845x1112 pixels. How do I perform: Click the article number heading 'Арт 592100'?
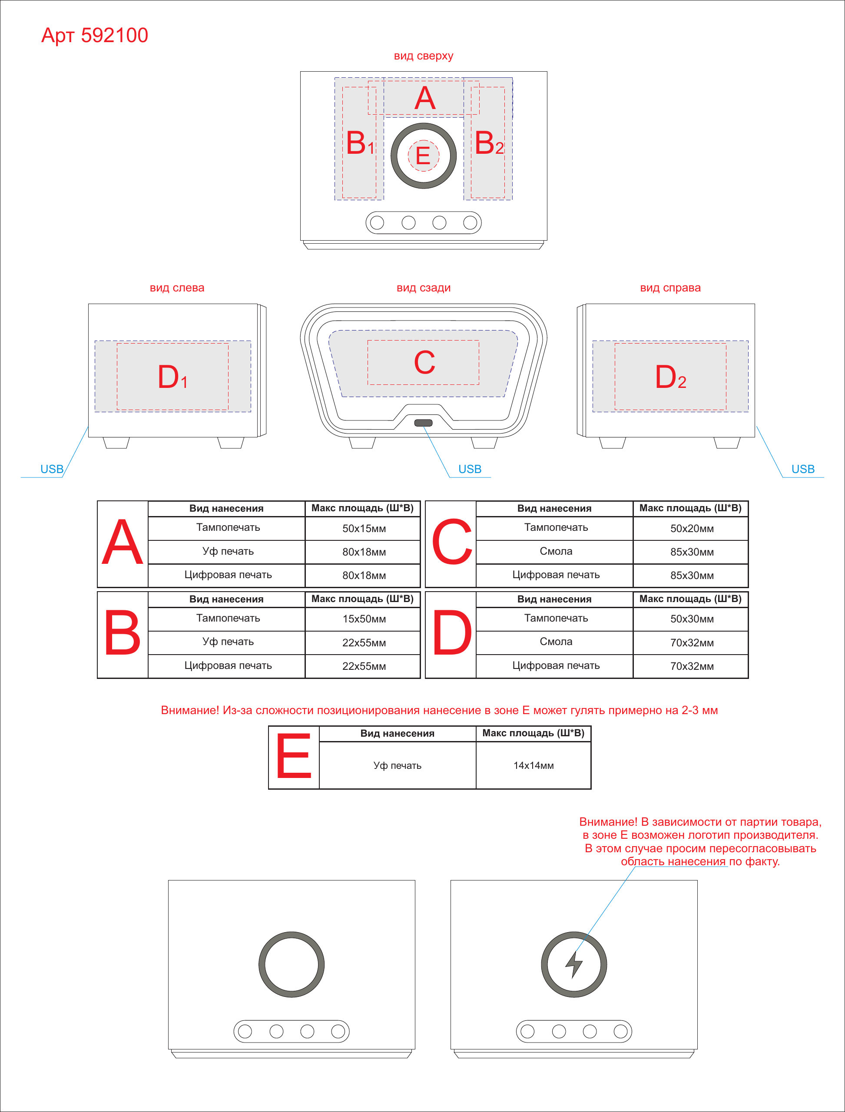[x=95, y=35]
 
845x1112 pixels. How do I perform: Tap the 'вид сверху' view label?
[x=424, y=56]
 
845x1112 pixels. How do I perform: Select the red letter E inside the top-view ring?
[x=423, y=156]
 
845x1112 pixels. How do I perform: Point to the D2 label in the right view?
[x=670, y=377]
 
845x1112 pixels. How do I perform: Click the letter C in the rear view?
[x=424, y=362]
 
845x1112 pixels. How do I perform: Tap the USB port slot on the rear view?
[x=423, y=423]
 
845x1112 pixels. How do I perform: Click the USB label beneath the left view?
[x=52, y=469]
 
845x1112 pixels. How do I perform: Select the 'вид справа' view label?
[x=670, y=288]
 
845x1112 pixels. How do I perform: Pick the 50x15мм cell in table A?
[x=364, y=529]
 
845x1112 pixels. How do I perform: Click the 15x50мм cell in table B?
[x=364, y=619]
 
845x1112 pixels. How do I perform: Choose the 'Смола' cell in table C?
[x=556, y=551]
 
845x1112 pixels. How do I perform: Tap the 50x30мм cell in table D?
[x=692, y=619]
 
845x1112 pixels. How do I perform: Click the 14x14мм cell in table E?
[x=533, y=765]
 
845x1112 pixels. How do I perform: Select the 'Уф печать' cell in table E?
[x=398, y=765]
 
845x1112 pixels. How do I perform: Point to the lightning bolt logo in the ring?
[x=573, y=965]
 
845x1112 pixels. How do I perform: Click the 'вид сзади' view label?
[x=424, y=288]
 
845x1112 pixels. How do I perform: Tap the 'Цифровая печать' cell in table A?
[x=228, y=575]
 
